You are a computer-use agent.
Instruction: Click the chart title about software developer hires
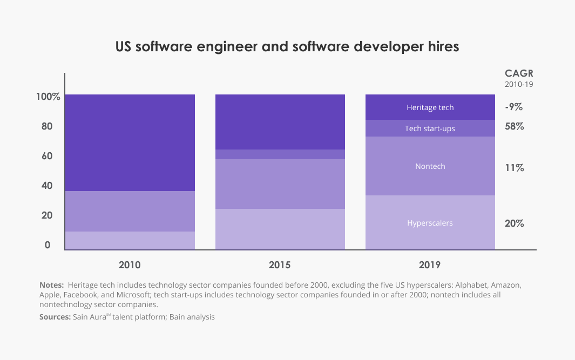coord(287,47)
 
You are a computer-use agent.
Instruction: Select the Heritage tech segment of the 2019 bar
coord(430,107)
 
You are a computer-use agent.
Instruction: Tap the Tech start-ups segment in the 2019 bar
coord(430,128)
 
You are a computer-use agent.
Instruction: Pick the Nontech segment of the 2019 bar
coord(430,166)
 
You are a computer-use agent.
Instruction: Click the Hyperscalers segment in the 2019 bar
coord(430,223)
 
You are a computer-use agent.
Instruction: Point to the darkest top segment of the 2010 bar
coord(130,142)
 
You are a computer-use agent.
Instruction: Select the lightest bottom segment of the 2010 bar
coord(130,241)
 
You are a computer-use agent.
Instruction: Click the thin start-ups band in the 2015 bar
coord(280,154)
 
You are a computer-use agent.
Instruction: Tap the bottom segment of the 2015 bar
coord(280,229)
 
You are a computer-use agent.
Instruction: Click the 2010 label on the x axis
coord(130,265)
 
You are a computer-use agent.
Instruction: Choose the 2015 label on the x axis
coord(280,265)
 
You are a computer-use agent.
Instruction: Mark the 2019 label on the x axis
coord(430,265)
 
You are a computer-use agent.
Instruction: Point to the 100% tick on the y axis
coord(48,97)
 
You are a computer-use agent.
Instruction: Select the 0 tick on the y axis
coord(48,246)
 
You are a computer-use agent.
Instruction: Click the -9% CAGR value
coord(513,107)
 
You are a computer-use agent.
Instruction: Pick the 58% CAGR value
coord(514,127)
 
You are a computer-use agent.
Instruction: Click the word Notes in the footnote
coord(51,284)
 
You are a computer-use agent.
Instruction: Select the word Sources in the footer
coord(55,317)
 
